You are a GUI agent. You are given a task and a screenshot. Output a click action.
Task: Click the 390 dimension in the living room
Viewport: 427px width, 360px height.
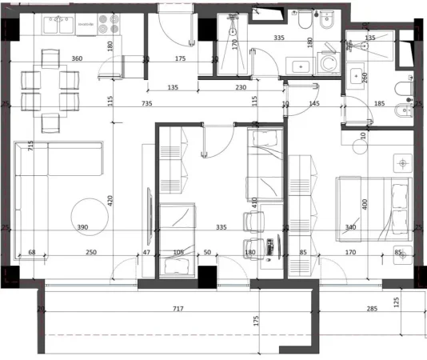click(x=82, y=228)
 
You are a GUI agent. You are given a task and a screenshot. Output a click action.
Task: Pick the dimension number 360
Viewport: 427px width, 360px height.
click(x=77, y=59)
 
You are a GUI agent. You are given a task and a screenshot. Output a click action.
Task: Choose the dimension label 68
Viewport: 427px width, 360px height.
click(x=32, y=253)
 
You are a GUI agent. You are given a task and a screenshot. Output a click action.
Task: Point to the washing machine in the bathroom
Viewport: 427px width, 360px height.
click(x=326, y=63)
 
